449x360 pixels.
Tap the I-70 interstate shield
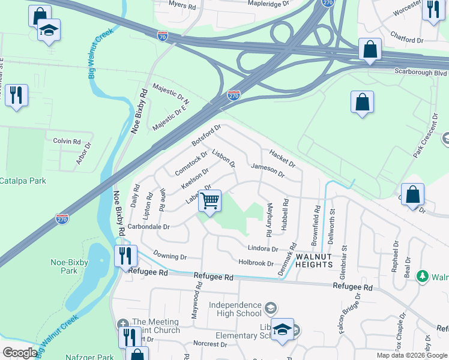click(163, 35)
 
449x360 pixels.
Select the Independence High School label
click(236, 310)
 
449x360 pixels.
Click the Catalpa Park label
click(22, 181)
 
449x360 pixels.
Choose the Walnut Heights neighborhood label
click(313, 260)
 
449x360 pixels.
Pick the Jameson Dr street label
click(267, 170)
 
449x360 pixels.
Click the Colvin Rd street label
click(67, 141)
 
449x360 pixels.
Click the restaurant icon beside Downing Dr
click(125, 256)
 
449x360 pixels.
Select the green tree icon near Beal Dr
click(423, 275)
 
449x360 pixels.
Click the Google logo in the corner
click(20, 353)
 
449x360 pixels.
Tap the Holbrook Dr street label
click(256, 263)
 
